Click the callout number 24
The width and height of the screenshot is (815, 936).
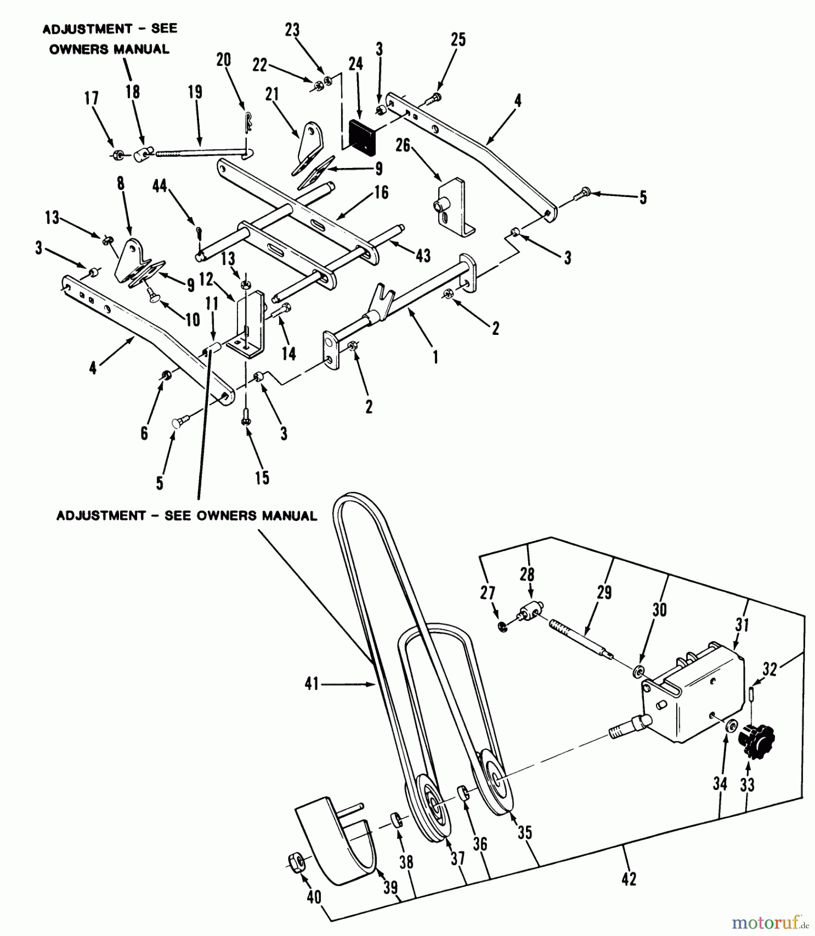356,64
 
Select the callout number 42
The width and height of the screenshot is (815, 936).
628,879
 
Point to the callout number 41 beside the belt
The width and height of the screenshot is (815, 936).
311,685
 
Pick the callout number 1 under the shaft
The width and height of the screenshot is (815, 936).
436,357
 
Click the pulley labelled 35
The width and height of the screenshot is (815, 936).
494,782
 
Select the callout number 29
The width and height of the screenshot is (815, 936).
604,592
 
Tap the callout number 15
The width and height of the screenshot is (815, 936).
262,477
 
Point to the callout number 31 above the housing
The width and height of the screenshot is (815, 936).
742,625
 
